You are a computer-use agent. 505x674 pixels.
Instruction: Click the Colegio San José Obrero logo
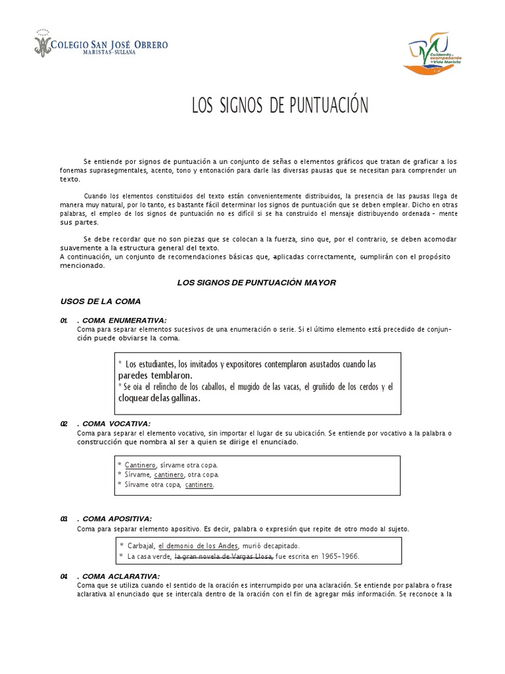(101, 45)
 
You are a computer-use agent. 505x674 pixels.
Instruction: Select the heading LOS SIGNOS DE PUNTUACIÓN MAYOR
(256, 282)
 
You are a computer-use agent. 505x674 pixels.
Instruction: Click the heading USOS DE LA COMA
(100, 301)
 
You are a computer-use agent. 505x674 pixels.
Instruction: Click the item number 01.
(64, 321)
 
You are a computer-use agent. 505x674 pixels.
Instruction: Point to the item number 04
(64, 577)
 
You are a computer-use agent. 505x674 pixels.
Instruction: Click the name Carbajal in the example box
(141, 546)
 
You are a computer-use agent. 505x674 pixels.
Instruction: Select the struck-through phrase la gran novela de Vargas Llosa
(224, 556)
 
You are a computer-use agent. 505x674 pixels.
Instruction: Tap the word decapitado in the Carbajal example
(278, 546)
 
